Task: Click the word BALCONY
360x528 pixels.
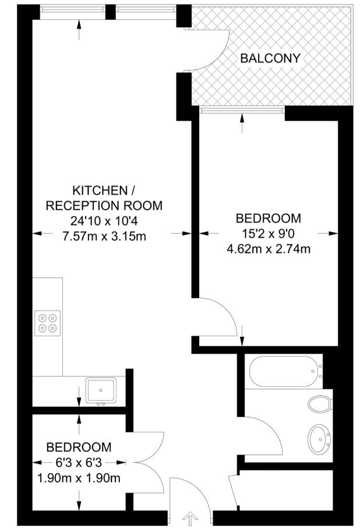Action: click(270, 58)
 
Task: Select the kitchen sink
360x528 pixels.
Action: click(101, 390)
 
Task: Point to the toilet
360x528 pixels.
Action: click(320, 403)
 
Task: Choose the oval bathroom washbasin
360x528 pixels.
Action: click(319, 438)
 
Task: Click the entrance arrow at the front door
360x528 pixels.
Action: click(190, 518)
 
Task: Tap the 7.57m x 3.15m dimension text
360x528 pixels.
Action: click(104, 236)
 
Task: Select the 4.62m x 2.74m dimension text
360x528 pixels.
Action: click(269, 249)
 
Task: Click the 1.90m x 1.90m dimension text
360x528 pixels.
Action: click(79, 478)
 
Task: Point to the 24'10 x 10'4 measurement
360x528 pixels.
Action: click(104, 221)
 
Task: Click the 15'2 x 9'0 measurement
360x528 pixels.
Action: click(269, 234)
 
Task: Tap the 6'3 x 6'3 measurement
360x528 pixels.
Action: click(79, 463)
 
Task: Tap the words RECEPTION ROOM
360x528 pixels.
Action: click(104, 206)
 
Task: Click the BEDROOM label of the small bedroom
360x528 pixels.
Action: click(79, 448)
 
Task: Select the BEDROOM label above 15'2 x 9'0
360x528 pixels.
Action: click(269, 219)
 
